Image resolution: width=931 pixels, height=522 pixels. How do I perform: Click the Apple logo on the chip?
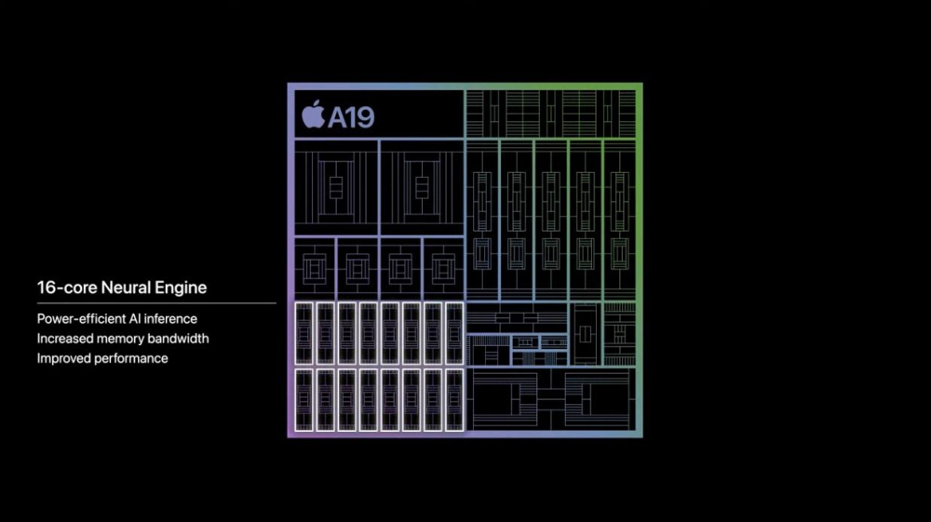[312, 115]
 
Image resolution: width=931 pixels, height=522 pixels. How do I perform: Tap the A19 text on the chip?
[350, 116]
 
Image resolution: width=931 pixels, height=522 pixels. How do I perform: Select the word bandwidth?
[179, 339]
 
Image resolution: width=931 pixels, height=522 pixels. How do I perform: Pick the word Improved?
[64, 358]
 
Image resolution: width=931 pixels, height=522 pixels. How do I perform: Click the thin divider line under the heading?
[156, 303]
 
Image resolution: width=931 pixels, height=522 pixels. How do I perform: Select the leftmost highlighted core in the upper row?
[304, 332]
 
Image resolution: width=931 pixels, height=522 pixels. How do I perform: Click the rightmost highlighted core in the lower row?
[454, 399]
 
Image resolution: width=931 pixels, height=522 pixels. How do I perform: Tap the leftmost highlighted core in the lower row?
[304, 399]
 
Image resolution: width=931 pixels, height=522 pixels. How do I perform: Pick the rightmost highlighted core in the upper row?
[454, 332]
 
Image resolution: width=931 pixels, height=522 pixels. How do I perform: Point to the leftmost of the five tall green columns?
[482, 219]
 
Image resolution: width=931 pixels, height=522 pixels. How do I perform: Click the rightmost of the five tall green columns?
[619, 219]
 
